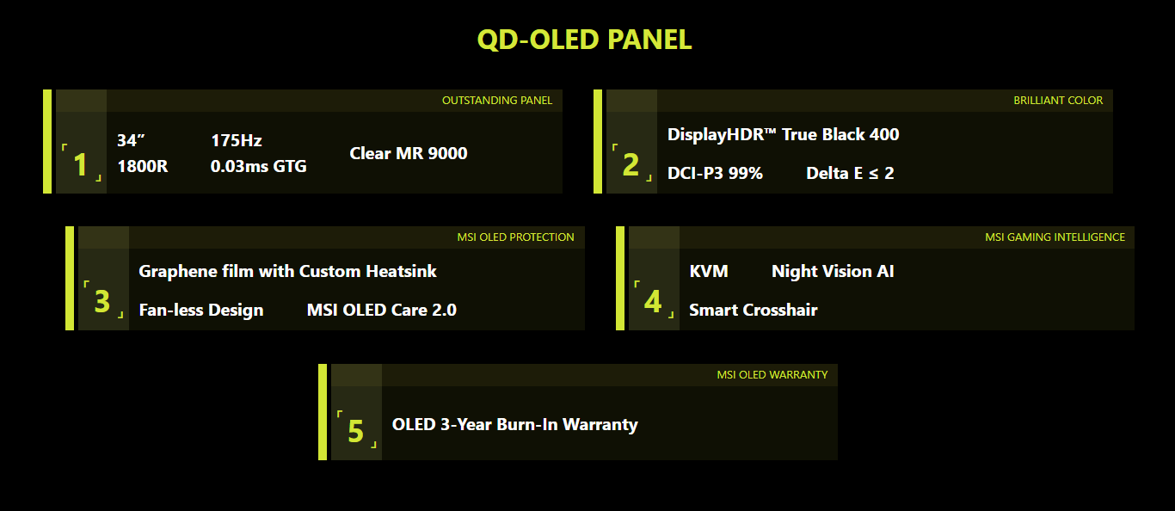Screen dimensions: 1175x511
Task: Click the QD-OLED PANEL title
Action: pyautogui.click(x=584, y=40)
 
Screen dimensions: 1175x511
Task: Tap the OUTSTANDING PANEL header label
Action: pyautogui.click(x=497, y=100)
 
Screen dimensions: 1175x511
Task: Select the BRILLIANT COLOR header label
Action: pyautogui.click(x=1058, y=100)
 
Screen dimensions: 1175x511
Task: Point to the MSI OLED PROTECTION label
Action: pyautogui.click(x=515, y=237)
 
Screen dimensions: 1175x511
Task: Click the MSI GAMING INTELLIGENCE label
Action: pyautogui.click(x=1055, y=237)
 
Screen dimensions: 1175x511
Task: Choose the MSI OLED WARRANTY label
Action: pyautogui.click(x=772, y=374)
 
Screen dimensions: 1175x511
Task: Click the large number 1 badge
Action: pyautogui.click(x=80, y=164)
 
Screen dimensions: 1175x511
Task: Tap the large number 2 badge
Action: pyautogui.click(x=631, y=164)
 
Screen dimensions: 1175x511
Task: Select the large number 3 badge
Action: pyautogui.click(x=102, y=301)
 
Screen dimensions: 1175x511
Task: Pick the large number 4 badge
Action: pyautogui.click(x=653, y=301)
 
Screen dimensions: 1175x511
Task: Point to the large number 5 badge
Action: pyautogui.click(x=355, y=431)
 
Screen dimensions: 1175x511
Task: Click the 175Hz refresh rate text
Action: pyautogui.click(x=236, y=140)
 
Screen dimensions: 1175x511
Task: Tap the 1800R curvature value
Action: pyautogui.click(x=142, y=166)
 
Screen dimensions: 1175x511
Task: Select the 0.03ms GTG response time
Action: pyautogui.click(x=258, y=166)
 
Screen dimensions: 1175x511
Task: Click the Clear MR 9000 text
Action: pyautogui.click(x=408, y=153)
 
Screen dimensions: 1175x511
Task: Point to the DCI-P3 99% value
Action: pyautogui.click(x=715, y=173)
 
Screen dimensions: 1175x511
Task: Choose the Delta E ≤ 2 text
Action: pyautogui.click(x=850, y=173)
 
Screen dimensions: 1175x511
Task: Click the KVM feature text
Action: pyautogui.click(x=709, y=271)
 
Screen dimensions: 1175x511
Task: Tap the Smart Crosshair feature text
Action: pyautogui.click(x=754, y=310)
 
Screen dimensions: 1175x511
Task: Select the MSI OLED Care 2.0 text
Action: pyautogui.click(x=381, y=310)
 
